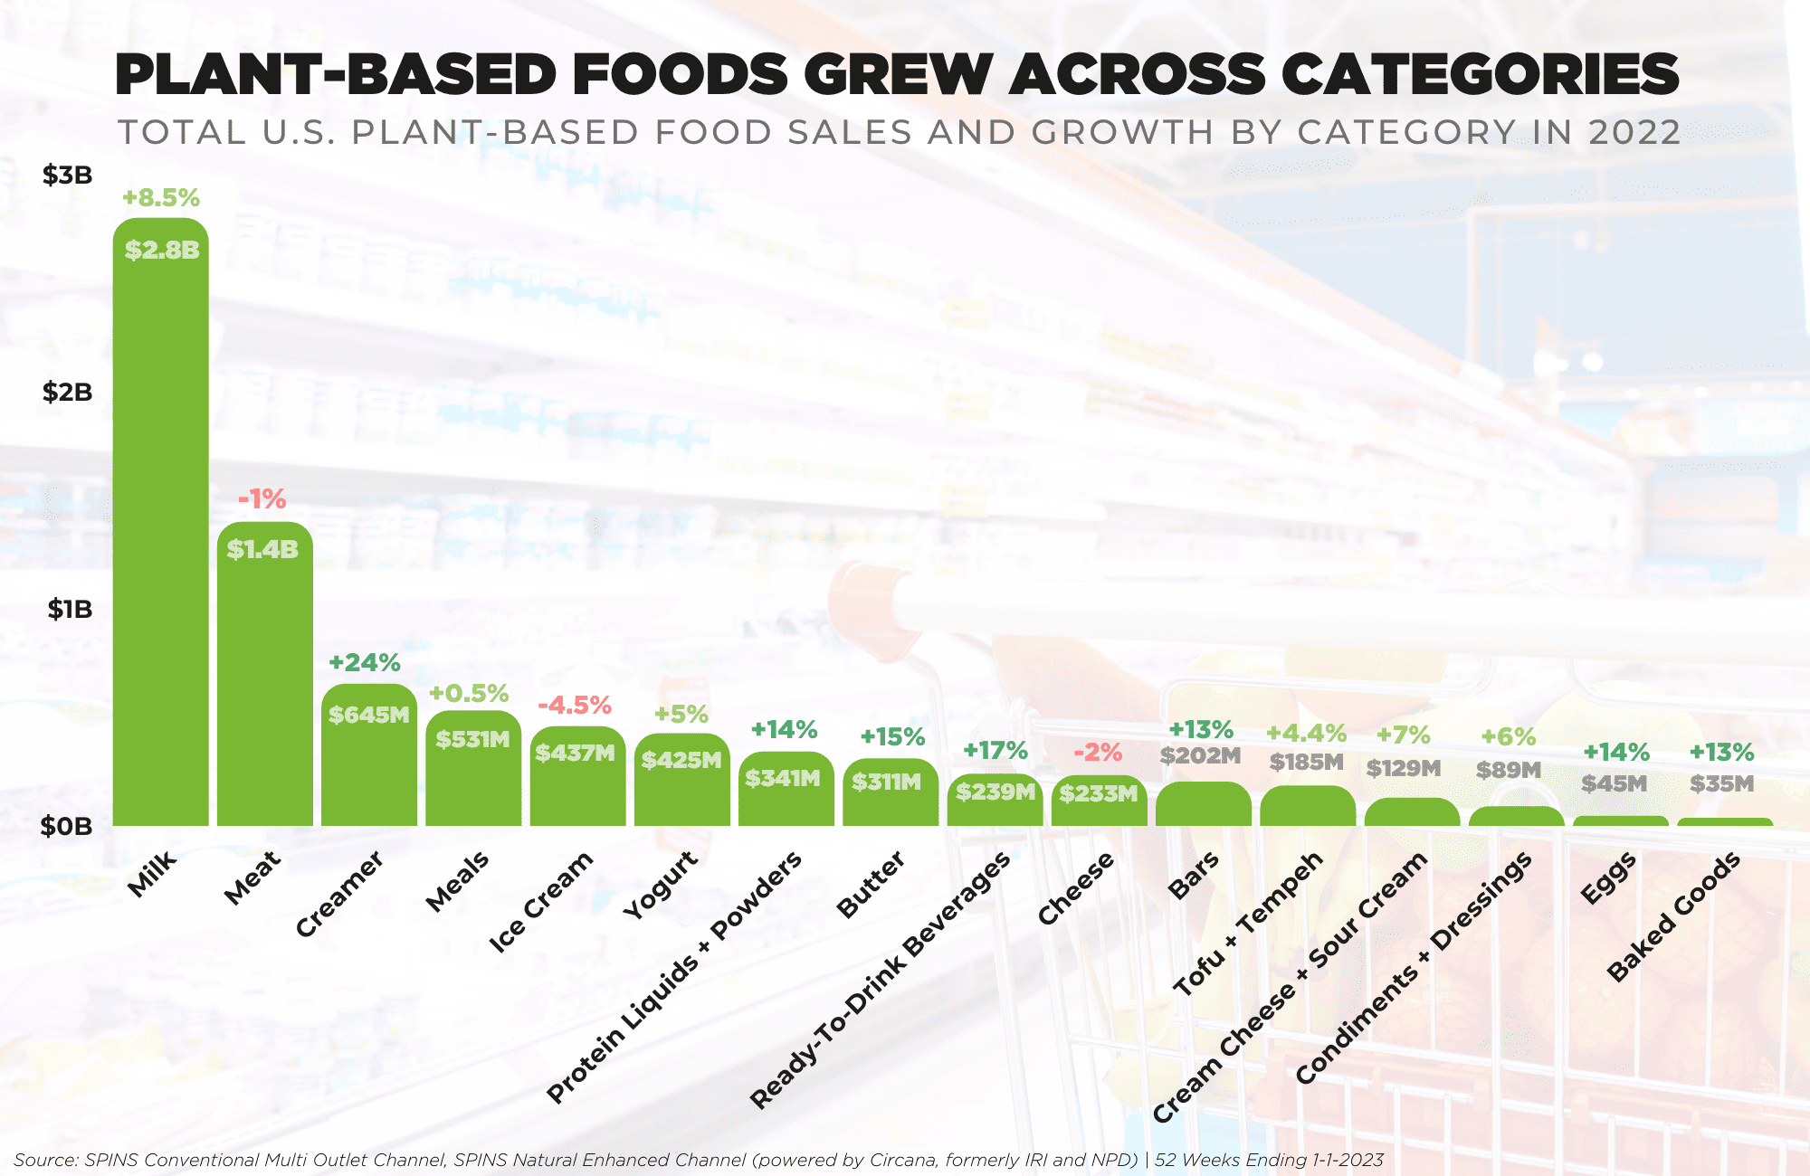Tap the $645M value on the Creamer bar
tap(368, 715)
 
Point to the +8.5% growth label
tap(161, 197)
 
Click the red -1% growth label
tap(262, 498)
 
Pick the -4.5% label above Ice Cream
tap(575, 705)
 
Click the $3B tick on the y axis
tap(68, 175)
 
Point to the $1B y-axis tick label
tap(70, 609)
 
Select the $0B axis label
tap(67, 826)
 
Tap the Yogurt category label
tap(662, 885)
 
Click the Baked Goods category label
tap(1674, 915)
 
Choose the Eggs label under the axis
tap(1608, 877)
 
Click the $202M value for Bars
tap(1200, 755)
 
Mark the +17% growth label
tap(995, 750)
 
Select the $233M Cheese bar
tap(1099, 801)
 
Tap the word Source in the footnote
tap(45, 1160)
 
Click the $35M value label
tap(1721, 783)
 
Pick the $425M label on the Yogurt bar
tap(681, 760)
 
